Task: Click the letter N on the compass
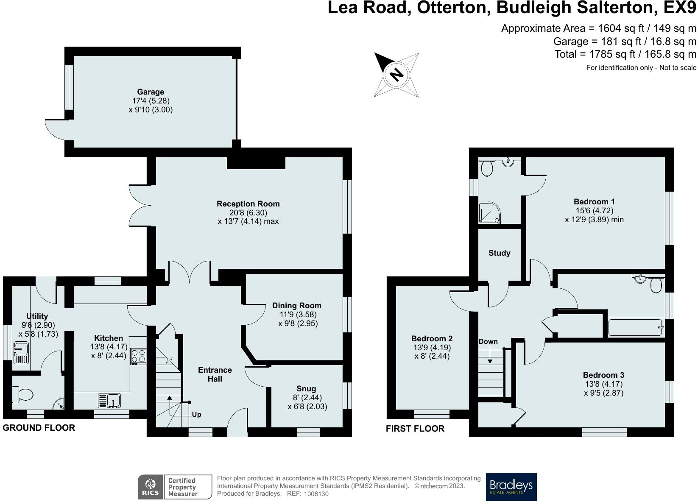(396, 75)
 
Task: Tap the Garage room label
(151, 92)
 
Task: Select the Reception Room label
(248, 204)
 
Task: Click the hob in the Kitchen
(138, 356)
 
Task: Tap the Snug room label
(306, 388)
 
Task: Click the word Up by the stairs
(196, 415)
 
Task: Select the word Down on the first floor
(488, 342)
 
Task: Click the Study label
(499, 253)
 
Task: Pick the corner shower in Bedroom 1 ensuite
(489, 213)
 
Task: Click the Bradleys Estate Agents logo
(511, 487)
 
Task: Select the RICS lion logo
(151, 487)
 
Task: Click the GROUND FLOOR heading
(39, 428)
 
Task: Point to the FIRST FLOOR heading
(415, 429)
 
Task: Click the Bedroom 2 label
(432, 339)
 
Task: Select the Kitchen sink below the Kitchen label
(109, 400)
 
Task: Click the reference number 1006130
(316, 494)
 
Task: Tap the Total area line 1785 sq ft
(625, 54)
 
